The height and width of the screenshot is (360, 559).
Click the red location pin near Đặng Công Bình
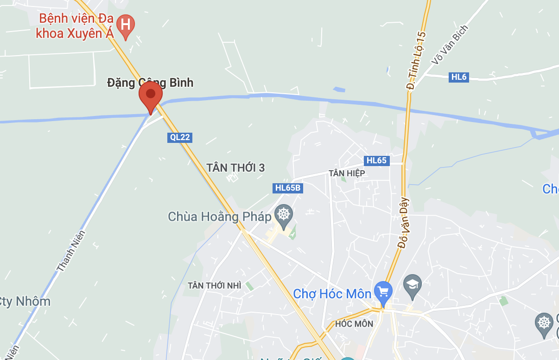click(151, 95)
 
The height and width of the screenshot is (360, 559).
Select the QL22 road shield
click(180, 137)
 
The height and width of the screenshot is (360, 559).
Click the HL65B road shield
click(288, 188)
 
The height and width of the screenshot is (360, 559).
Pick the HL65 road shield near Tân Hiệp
click(376, 161)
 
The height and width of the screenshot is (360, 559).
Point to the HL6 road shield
click(458, 77)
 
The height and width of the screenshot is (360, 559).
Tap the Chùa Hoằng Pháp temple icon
click(284, 214)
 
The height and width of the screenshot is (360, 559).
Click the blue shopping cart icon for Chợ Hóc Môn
click(383, 291)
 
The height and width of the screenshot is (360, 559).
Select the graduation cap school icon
click(412, 284)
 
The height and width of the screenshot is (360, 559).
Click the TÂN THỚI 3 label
click(235, 167)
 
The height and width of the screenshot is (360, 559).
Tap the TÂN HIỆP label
click(347, 173)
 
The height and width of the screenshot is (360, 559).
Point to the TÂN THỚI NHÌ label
click(214, 285)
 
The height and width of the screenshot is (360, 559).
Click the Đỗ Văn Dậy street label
click(404, 223)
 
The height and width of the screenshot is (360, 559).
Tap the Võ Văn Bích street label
click(449, 45)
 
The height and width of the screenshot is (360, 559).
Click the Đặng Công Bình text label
click(150, 83)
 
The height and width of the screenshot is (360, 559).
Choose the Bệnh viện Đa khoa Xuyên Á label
click(76, 26)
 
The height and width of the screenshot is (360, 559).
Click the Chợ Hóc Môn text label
click(332, 294)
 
